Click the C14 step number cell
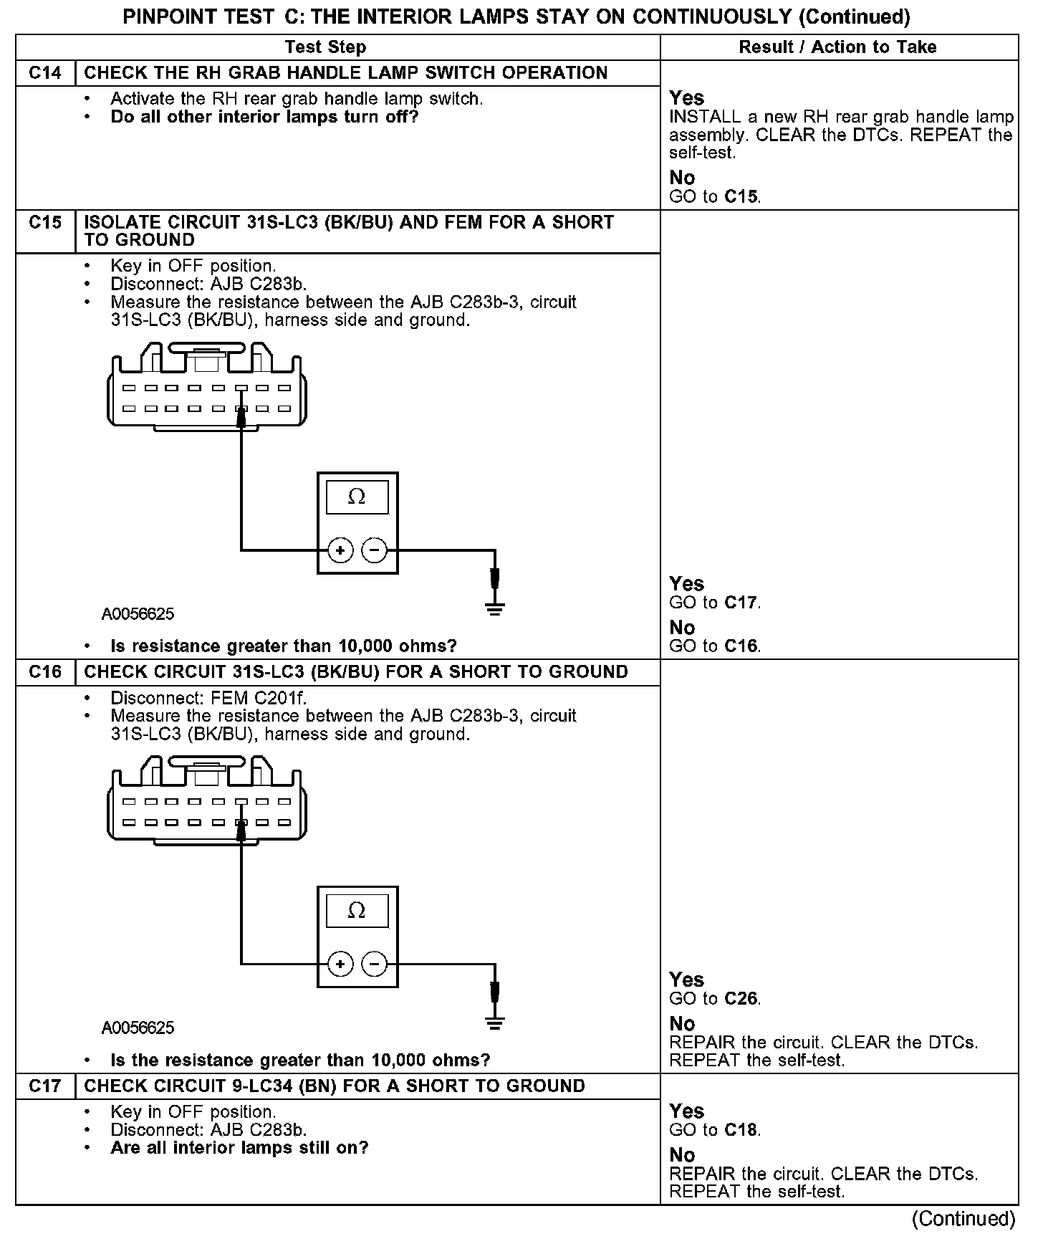[45, 73]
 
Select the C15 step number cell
[45, 223]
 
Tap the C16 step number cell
[45, 672]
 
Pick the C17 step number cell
[45, 1086]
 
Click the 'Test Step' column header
[325, 47]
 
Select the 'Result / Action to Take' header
[837, 47]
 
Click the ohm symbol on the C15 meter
[357, 497]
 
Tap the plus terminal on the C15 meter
[340, 550]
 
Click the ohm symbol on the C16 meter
[357, 911]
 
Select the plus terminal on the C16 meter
[340, 965]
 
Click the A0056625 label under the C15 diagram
[138, 614]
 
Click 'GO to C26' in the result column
[715, 998]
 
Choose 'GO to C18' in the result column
[715, 1130]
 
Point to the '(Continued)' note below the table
[963, 1219]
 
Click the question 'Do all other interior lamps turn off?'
[264, 117]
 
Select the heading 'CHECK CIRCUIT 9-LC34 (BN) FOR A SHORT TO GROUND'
[335, 1086]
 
